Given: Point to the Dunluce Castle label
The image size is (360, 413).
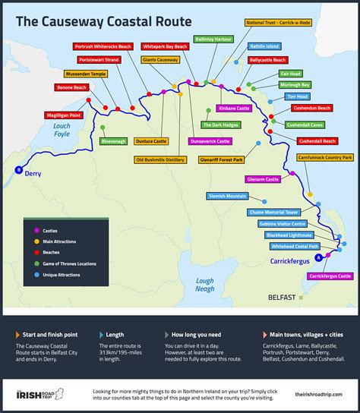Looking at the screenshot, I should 151,141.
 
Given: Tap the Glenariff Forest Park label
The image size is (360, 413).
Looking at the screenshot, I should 221,160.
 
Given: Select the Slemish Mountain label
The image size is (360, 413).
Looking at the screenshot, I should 227,196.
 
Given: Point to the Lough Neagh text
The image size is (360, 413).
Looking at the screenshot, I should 204,285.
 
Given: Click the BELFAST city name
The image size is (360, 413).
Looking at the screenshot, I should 282,298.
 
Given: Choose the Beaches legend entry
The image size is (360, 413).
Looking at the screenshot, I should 55,252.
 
